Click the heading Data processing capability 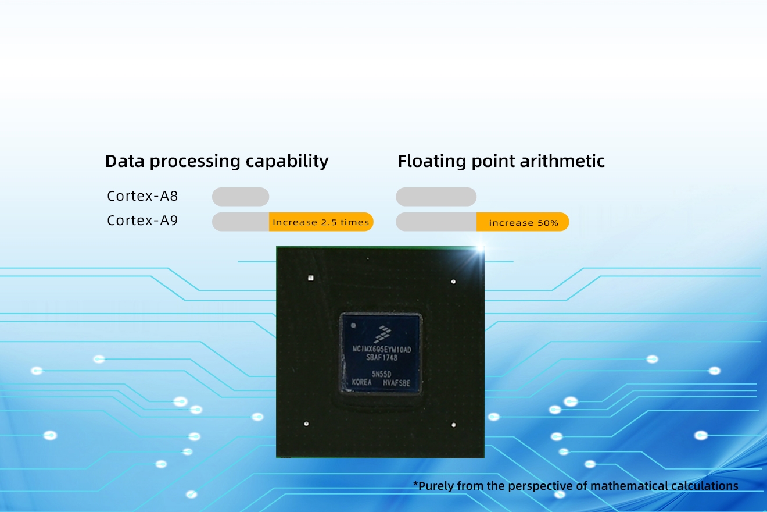point(216,161)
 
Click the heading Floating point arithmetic point(501,161)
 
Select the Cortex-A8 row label point(142,196)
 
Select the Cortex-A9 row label point(142,221)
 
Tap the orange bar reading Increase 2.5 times point(321,222)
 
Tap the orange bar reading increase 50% point(522,222)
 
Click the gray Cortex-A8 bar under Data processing point(241,197)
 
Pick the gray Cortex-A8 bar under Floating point point(436,197)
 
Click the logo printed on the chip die point(382,335)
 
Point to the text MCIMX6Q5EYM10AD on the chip point(382,350)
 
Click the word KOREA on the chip point(361,382)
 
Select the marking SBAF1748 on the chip point(382,358)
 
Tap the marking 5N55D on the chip point(381,374)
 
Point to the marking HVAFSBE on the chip point(396,383)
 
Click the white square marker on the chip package point(310,278)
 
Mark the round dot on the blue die point(353,325)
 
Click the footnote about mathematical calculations point(576,486)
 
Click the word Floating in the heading point(432,161)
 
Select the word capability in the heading point(287,161)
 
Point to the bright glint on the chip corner point(480,248)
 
